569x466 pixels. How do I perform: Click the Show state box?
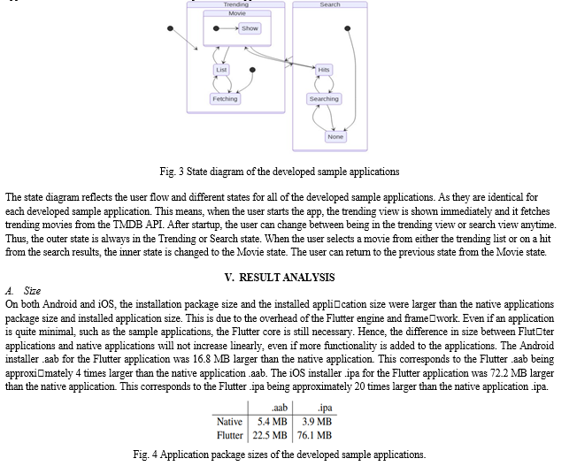pyautogui.click(x=250, y=28)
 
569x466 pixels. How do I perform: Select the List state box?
pyautogui.click(x=221, y=70)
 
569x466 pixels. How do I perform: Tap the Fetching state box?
pyautogui.click(x=225, y=99)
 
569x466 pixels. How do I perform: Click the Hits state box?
pyautogui.click(x=324, y=70)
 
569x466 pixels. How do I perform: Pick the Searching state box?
pyautogui.click(x=324, y=99)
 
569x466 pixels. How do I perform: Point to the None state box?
pyautogui.click(x=335, y=137)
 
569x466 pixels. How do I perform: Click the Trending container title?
pyautogui.click(x=236, y=4)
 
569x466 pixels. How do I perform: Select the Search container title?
pyautogui.click(x=330, y=4)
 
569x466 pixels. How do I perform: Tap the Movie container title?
pyautogui.click(x=237, y=13)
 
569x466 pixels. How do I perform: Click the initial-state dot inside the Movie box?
pyautogui.click(x=216, y=28)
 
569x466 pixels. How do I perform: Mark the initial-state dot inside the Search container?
pyautogui.click(x=347, y=28)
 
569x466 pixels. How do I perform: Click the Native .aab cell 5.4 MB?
pyautogui.click(x=273, y=422)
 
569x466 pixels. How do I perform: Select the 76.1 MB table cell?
pyautogui.click(x=314, y=435)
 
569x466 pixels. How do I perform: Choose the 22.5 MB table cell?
pyautogui.click(x=270, y=435)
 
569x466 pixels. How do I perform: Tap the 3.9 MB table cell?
pyautogui.click(x=317, y=422)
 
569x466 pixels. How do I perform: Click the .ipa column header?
pyautogui.click(x=325, y=408)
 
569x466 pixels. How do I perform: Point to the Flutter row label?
pyautogui.click(x=230, y=435)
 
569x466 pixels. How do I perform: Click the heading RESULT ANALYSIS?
pyautogui.click(x=287, y=278)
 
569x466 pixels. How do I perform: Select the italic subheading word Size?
pyautogui.click(x=32, y=291)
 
